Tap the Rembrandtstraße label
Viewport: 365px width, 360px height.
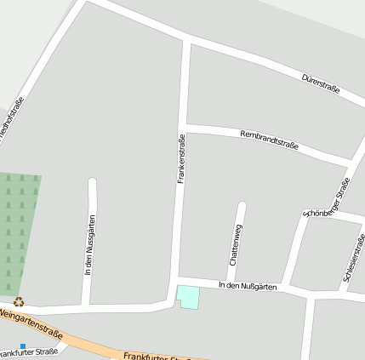tap(269, 140)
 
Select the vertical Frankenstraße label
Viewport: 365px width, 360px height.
tap(181, 159)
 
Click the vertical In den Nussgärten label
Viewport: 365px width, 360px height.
tap(90, 244)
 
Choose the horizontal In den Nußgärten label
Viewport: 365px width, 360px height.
tap(248, 287)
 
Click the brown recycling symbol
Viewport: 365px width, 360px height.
tap(19, 301)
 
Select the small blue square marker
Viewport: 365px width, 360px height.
tap(23, 345)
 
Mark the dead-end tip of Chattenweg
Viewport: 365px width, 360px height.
tap(242, 206)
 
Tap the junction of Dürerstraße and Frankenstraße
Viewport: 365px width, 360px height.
tap(186, 40)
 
